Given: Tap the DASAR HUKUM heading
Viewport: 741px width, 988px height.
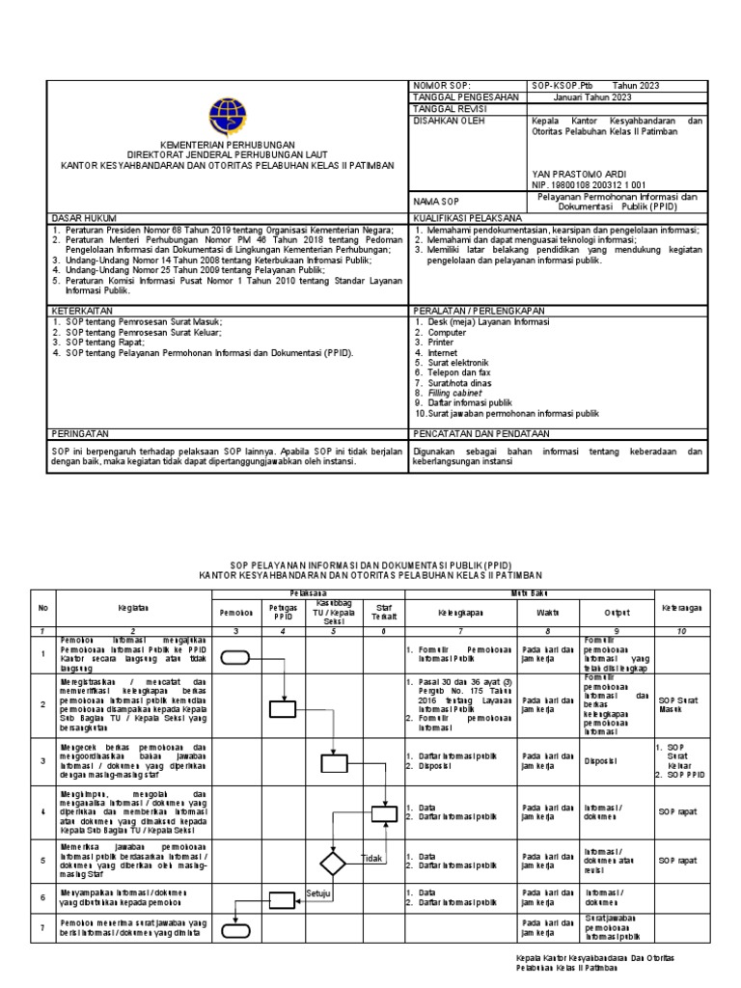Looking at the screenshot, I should [x=80, y=219].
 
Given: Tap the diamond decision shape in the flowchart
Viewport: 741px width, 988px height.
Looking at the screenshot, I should [x=333, y=862].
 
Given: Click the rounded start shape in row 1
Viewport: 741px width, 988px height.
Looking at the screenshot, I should [x=235, y=658].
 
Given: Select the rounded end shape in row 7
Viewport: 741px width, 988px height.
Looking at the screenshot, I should [x=235, y=932].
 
